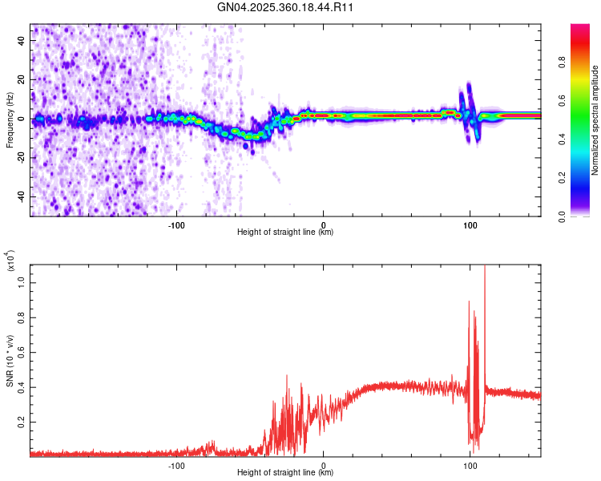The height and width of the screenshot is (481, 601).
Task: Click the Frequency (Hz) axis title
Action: (10, 120)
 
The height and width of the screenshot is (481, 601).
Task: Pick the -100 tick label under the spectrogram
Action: (176, 224)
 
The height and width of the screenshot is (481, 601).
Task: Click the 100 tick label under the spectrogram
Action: (470, 224)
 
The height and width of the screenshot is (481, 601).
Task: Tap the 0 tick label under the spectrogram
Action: (324, 224)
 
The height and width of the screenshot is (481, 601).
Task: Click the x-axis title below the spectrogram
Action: (285, 232)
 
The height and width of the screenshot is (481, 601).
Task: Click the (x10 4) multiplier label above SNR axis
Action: (10, 261)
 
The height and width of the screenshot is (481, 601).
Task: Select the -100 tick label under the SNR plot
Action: (176, 464)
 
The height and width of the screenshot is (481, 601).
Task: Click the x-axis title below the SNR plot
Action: (285, 473)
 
